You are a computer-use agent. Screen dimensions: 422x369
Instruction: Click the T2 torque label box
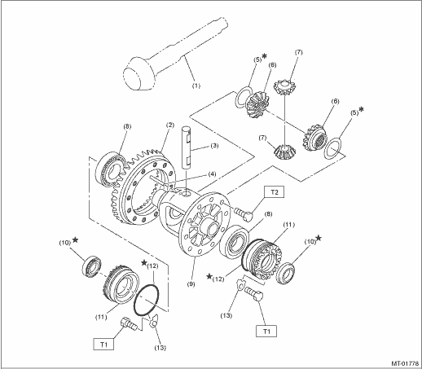[x=275, y=192]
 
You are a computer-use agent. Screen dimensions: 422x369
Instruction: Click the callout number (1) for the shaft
[x=196, y=86]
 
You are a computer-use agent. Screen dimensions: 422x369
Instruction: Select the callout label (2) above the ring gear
[x=169, y=125]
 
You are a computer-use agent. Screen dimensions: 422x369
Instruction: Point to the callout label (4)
[x=212, y=174]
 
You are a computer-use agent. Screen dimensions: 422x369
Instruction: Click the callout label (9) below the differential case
[x=191, y=284]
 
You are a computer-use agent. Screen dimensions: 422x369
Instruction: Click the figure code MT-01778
[x=407, y=363]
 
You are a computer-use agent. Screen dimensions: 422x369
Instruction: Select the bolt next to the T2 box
[x=243, y=214]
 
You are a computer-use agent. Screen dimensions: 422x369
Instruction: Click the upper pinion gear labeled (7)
[x=284, y=86]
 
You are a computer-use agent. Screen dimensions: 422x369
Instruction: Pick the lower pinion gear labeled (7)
[x=284, y=152]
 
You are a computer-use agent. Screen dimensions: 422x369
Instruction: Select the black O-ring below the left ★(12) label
[x=146, y=300]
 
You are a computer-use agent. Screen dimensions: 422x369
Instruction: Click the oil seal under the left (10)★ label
[x=92, y=266]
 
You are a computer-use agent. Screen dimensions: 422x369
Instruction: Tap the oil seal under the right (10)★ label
[x=285, y=273]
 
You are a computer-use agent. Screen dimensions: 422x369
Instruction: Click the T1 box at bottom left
[x=103, y=345]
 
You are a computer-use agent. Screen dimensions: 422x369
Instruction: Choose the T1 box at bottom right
[x=266, y=331]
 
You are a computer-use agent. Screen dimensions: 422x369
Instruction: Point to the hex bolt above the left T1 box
[x=128, y=323]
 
